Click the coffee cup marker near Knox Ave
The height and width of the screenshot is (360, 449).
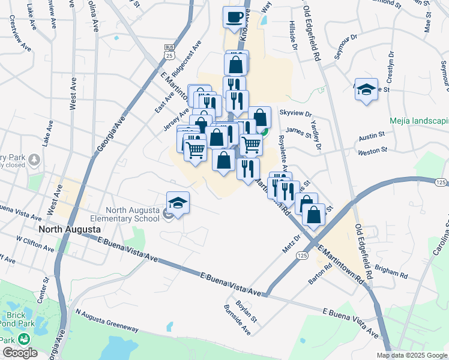pyautogui.click(x=235, y=17)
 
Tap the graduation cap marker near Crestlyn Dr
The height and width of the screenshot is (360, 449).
pyautogui.click(x=366, y=90)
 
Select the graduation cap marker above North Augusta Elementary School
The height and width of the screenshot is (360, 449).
pyautogui.click(x=178, y=203)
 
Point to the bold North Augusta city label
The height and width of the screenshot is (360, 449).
pyautogui.click(x=67, y=229)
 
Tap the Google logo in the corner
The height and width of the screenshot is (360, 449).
pyautogui.click(x=19, y=353)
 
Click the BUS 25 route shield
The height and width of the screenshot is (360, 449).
pyautogui.click(x=170, y=51)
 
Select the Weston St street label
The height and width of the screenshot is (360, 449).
pyautogui.click(x=373, y=152)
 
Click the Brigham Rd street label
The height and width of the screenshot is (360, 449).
pyautogui.click(x=391, y=271)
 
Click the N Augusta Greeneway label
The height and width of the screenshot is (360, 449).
pyautogui.click(x=107, y=320)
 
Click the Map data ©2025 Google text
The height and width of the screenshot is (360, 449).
pyautogui.click(x=411, y=355)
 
